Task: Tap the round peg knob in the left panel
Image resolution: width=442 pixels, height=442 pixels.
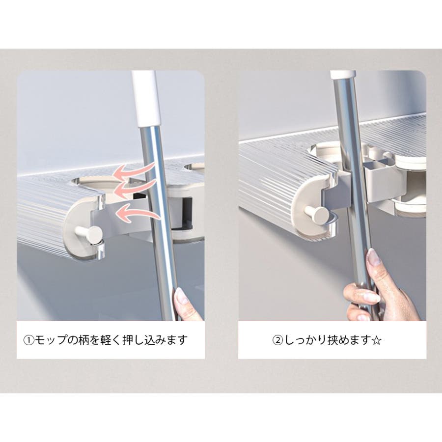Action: [x=92, y=233]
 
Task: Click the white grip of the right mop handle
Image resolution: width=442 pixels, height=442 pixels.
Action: [x=342, y=75]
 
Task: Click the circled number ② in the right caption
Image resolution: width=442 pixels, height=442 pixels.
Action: [x=277, y=340]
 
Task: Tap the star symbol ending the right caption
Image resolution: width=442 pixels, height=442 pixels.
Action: [x=377, y=340]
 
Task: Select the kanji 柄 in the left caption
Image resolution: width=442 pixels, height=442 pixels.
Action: [x=85, y=340]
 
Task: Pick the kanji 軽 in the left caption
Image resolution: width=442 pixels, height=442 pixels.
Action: [x=107, y=340]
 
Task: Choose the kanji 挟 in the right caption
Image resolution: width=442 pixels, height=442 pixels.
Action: [x=332, y=340]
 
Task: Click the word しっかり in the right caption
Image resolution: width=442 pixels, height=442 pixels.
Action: [x=305, y=340]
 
